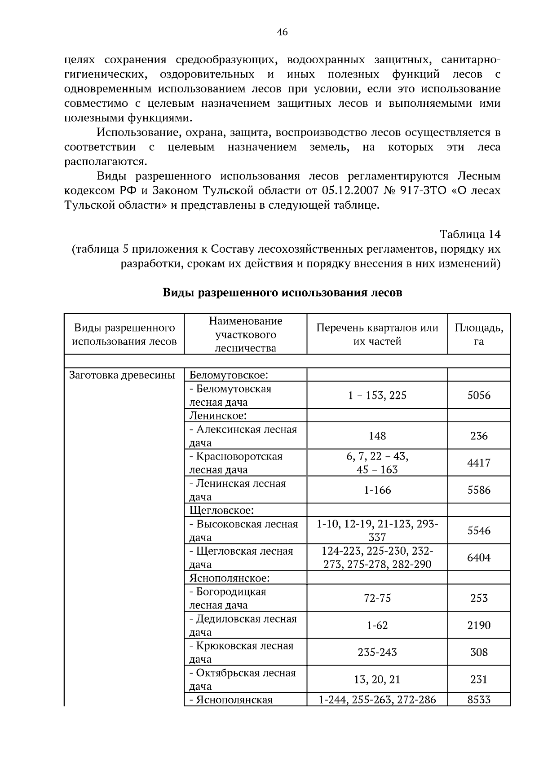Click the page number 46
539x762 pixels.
[282, 32]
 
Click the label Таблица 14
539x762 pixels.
[469, 234]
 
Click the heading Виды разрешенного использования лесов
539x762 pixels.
[282, 293]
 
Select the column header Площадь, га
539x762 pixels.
[478, 334]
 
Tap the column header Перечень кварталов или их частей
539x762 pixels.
[377, 334]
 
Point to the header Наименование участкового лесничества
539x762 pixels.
[245, 334]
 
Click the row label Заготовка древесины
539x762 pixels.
[122, 375]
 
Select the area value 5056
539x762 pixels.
[478, 395]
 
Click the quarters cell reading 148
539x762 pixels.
[377, 436]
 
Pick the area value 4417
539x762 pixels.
[478, 463]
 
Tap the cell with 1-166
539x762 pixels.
[377, 490]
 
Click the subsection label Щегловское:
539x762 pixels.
[221, 510]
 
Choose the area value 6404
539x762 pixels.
[478, 558]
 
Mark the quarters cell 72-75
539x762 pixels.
[377, 598]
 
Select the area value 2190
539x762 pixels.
[478, 625]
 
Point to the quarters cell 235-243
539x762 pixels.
[377, 652]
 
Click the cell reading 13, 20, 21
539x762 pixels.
[377, 679]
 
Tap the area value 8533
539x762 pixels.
[478, 700]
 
